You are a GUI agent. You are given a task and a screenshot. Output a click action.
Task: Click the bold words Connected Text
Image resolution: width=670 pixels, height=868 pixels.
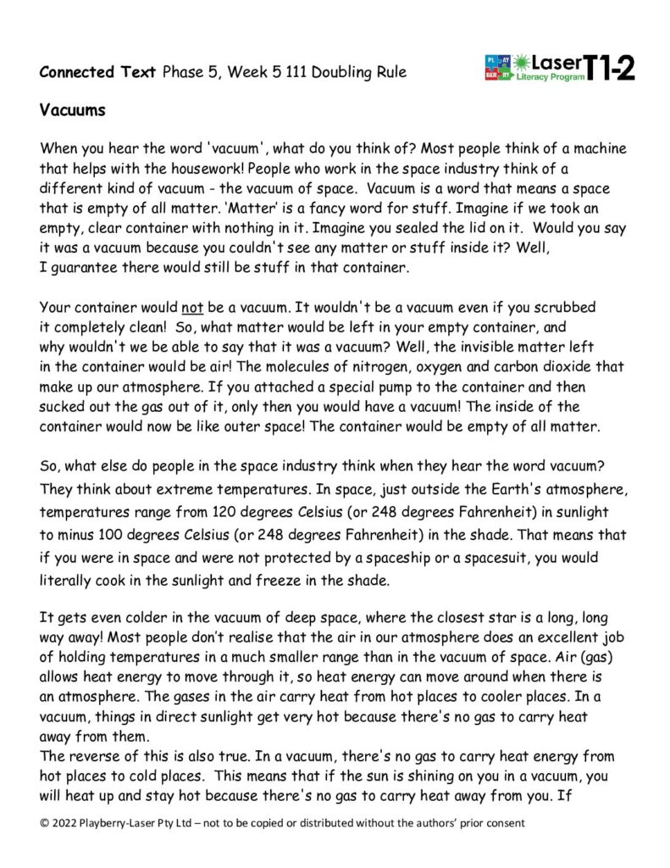click(97, 72)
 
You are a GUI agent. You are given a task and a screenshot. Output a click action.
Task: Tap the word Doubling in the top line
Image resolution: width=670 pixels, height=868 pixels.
click(341, 72)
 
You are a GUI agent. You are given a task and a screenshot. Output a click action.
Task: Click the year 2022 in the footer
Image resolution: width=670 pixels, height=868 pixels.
click(67, 822)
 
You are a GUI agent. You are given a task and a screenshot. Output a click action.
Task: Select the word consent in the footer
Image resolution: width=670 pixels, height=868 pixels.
click(501, 822)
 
